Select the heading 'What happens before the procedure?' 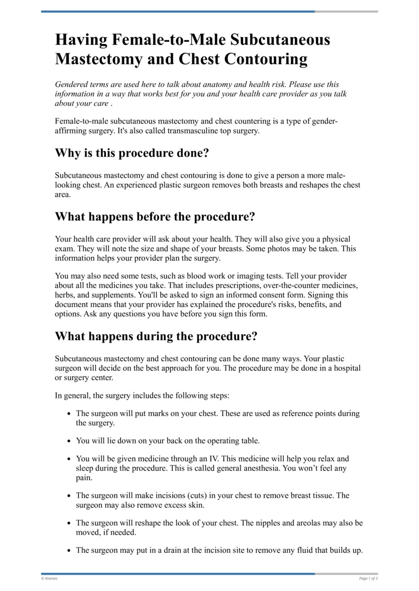coord(155,217)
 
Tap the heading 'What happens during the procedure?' coord(156,336)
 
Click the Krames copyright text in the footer coord(50,578)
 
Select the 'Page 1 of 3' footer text coord(368,578)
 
